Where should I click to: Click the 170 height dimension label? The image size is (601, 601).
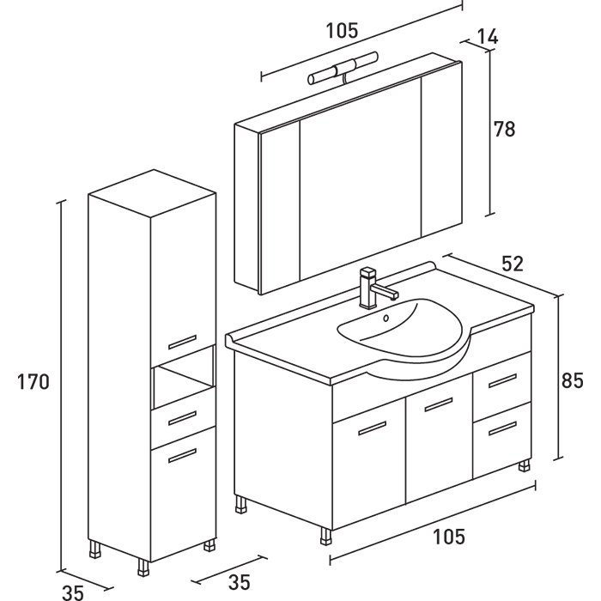(33, 382)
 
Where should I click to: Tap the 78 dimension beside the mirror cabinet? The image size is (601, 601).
(505, 130)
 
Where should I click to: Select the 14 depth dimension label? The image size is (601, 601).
(487, 37)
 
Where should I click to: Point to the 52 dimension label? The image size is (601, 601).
(513, 264)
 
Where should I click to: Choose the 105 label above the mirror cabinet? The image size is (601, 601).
(342, 31)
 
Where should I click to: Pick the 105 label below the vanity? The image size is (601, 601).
(449, 537)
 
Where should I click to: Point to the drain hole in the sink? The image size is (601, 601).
(385, 319)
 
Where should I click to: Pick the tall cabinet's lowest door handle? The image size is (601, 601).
(183, 458)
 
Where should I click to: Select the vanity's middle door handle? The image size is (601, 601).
(438, 404)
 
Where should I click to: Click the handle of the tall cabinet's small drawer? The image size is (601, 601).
(183, 418)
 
